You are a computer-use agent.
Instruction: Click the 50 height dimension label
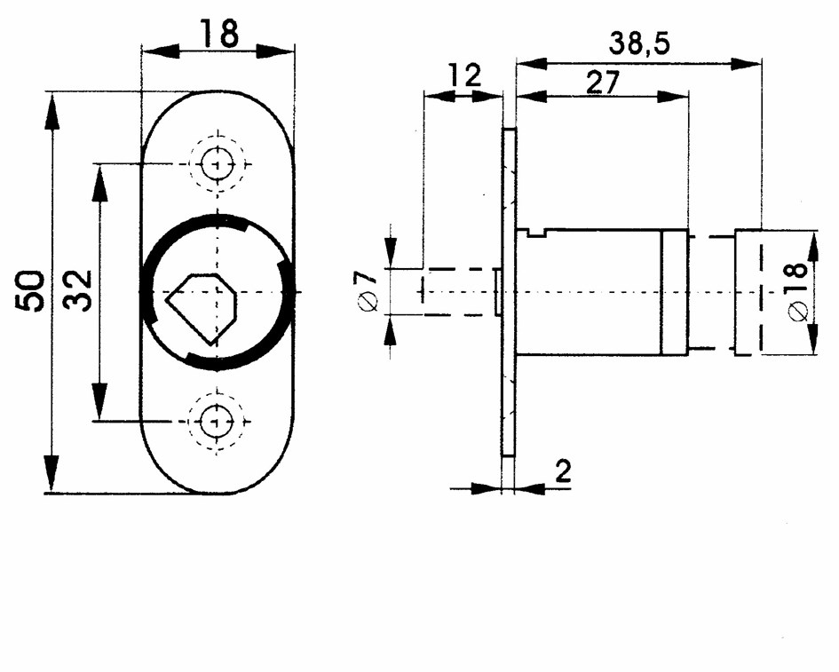30,291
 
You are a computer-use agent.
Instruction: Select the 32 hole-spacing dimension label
78,290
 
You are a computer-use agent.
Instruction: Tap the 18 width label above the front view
218,34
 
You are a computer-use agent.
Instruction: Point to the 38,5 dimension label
639,43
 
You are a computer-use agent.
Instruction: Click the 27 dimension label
603,83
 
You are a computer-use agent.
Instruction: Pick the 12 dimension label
465,75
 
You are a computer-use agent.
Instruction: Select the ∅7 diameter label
368,290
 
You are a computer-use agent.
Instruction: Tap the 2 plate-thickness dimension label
564,471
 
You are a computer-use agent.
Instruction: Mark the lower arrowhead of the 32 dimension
99,401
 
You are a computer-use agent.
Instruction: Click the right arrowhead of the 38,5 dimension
746,64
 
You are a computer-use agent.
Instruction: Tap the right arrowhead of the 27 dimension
673,97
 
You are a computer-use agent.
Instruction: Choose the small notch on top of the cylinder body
536,233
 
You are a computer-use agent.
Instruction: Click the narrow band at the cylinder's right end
675,293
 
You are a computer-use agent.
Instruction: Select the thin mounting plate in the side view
509,292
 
